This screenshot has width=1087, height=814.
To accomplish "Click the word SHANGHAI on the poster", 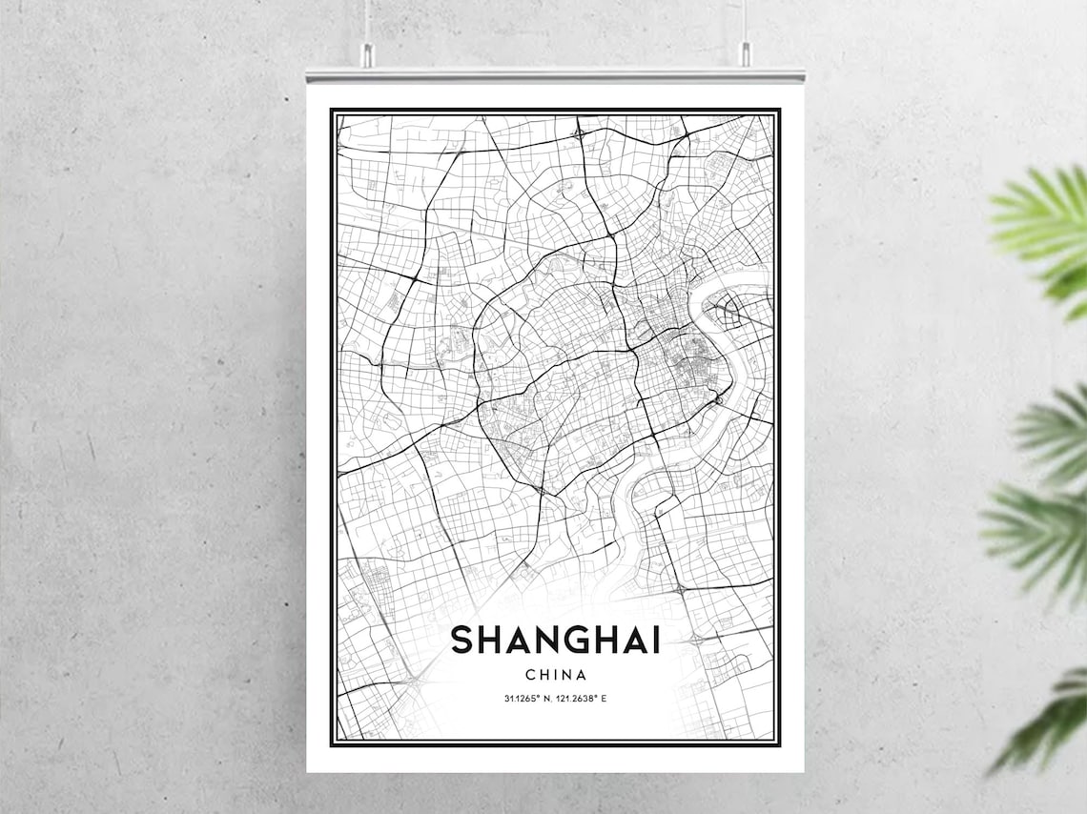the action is [556, 640].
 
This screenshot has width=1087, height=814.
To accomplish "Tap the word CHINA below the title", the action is [556, 675].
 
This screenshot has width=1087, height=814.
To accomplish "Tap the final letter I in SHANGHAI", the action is [655, 640].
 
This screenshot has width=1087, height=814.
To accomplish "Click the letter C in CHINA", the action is [530, 675].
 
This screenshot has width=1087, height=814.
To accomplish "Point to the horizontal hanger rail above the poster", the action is [555, 73].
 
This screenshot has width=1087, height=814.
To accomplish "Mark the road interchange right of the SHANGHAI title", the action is [694, 638].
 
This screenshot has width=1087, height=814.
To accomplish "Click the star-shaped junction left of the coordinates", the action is [414, 681].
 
